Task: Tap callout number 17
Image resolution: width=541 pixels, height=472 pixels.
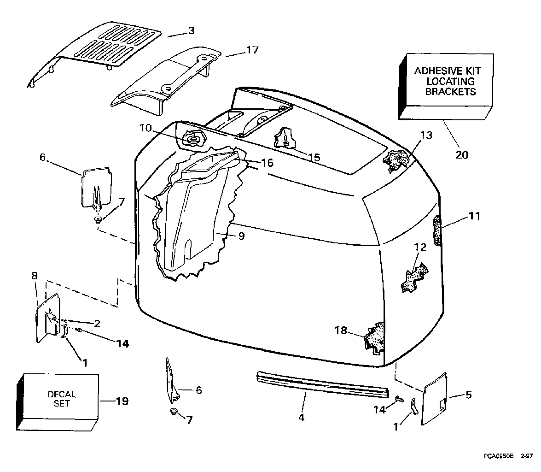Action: point(252,50)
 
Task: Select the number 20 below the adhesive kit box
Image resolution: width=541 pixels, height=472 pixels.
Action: point(461,154)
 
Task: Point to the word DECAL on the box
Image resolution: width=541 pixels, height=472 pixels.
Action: point(62,395)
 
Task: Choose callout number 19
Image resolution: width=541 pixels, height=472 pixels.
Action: point(122,401)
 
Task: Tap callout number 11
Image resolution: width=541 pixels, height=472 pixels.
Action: point(474,215)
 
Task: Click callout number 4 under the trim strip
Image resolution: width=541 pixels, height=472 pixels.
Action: point(301,418)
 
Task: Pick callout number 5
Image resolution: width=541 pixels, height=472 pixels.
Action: point(468,395)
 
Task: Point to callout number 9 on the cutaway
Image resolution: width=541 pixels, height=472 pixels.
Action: point(241,236)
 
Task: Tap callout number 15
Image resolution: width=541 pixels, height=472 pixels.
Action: point(314,157)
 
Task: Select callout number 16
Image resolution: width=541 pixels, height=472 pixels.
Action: point(267,162)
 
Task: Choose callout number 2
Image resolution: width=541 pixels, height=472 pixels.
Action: point(97,323)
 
